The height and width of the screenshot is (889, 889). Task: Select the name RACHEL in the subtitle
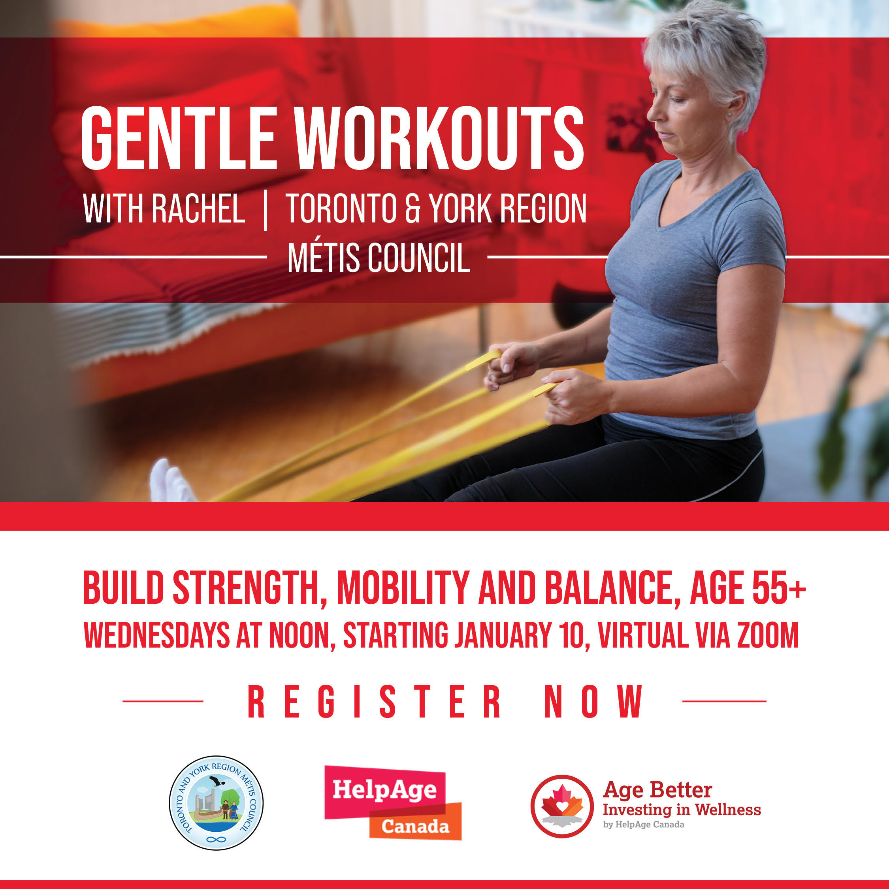(198, 209)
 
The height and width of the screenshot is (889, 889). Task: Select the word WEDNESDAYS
(156, 635)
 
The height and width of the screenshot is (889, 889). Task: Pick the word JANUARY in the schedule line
(503, 635)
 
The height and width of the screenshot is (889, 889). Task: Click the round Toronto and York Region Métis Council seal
(216, 803)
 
